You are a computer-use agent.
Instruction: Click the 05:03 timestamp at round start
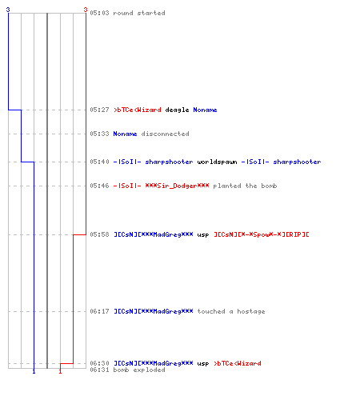[99, 13]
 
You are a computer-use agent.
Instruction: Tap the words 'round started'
[139, 13]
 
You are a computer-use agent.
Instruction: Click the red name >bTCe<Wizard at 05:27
[138, 110]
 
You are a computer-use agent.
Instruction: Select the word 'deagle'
[177, 110]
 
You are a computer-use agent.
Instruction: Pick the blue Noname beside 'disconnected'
[125, 134]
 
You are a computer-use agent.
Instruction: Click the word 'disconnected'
[165, 134]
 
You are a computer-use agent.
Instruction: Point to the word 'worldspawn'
[217, 162]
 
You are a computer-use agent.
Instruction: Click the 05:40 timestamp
[99, 162]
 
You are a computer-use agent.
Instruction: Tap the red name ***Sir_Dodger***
[177, 186]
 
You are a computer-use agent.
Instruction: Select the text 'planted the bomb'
[245, 186]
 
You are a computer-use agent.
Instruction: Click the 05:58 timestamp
[99, 234]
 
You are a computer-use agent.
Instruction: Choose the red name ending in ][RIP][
[262, 234]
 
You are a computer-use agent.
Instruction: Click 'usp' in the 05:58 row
[203, 235]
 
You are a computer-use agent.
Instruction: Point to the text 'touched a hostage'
[231, 311]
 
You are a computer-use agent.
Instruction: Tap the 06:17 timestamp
[99, 311]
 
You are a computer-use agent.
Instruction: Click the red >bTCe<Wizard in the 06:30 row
[238, 363]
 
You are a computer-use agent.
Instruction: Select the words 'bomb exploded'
[139, 370]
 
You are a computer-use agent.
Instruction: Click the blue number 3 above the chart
[8, 10]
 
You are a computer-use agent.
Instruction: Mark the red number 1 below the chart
[60, 371]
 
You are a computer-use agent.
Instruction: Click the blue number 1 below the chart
[34, 371]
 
